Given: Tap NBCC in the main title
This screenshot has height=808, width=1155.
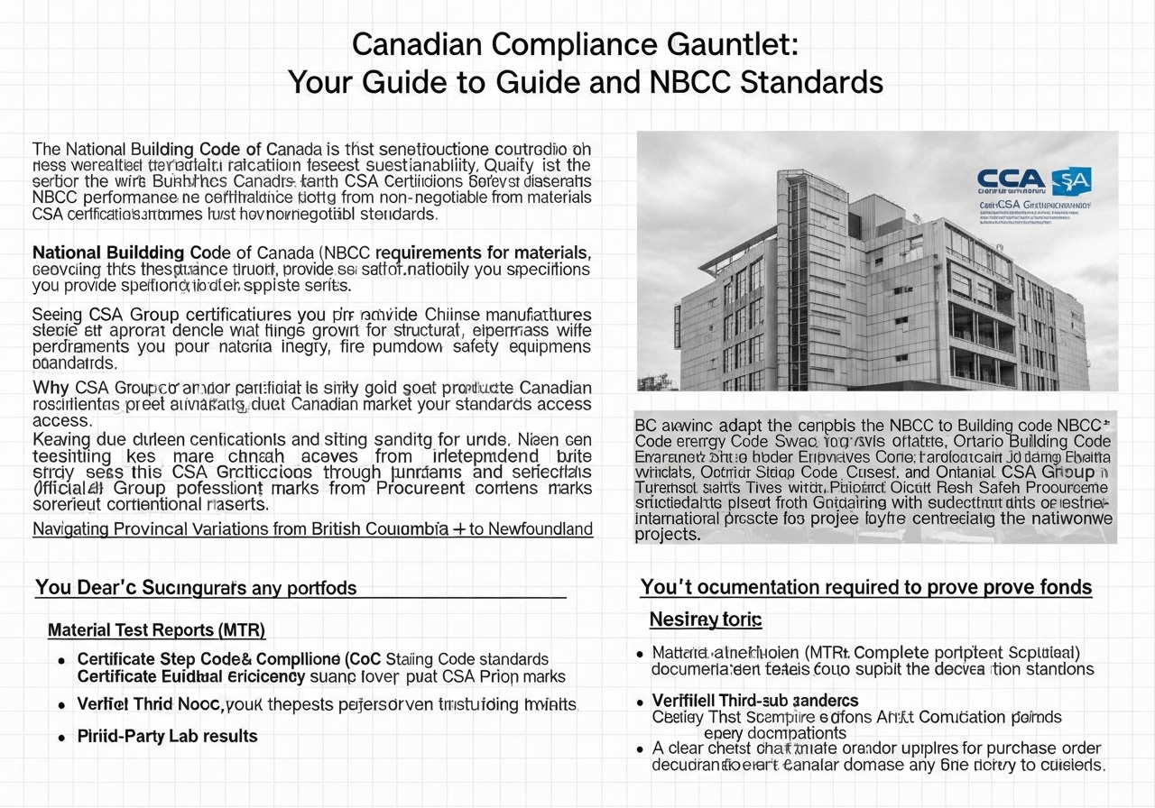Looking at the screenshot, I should pyautogui.click(x=689, y=82).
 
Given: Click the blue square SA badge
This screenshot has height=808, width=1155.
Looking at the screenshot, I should pyautogui.click(x=1072, y=179).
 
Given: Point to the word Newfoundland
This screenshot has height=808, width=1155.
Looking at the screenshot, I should pyautogui.click(x=541, y=529).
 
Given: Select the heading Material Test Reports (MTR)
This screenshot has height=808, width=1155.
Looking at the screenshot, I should pyautogui.click(x=156, y=630).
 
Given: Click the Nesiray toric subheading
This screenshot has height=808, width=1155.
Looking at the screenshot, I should pyautogui.click(x=706, y=620).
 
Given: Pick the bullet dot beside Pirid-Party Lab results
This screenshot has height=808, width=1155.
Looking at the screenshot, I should pyautogui.click(x=61, y=737).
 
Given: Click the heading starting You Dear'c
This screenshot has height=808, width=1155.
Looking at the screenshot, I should pyautogui.click(x=196, y=588).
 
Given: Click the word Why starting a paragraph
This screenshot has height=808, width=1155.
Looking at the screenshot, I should pyautogui.click(x=51, y=388).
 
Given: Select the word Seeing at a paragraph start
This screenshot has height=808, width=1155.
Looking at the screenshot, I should pyautogui.click(x=58, y=315).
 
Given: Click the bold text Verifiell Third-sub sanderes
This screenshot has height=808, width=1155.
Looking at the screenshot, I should pyautogui.click(x=754, y=701).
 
